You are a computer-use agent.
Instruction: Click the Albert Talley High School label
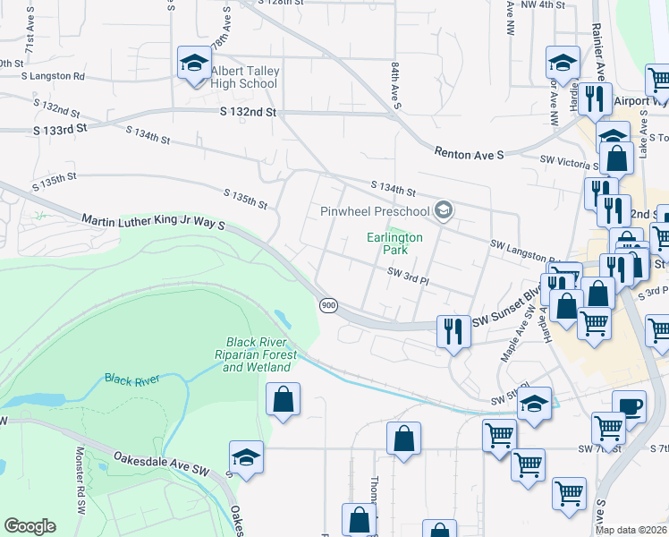(x=245, y=77)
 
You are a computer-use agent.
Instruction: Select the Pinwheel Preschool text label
(x=376, y=212)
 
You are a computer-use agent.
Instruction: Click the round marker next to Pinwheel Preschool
(x=442, y=211)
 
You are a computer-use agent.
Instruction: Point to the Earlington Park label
(x=394, y=243)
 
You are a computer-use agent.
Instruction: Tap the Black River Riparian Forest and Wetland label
(x=259, y=354)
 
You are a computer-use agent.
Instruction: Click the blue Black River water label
(x=131, y=379)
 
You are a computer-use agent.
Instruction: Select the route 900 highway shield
(x=328, y=305)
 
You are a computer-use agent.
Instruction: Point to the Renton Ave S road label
(x=469, y=154)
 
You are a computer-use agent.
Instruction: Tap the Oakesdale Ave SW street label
(x=161, y=463)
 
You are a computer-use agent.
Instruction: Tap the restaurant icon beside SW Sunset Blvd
(x=453, y=330)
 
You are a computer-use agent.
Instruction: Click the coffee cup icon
(x=629, y=406)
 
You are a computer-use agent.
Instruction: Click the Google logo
(x=30, y=526)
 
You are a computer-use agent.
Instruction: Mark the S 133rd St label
(x=61, y=129)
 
